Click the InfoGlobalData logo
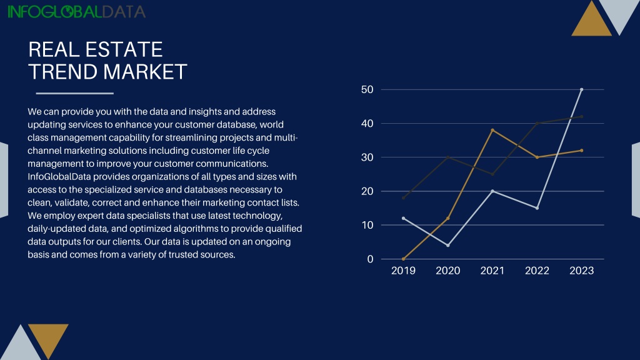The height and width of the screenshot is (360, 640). click(x=76, y=12)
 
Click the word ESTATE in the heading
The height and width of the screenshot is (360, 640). click(x=124, y=50)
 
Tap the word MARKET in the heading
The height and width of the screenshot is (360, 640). click(x=145, y=72)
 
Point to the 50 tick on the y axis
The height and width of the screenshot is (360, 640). click(x=367, y=89)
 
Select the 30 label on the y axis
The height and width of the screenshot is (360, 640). click(x=367, y=157)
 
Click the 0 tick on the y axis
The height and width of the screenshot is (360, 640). click(x=370, y=259)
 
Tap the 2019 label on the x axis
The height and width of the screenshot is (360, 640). click(x=403, y=271)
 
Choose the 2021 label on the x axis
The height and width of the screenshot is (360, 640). click(x=492, y=271)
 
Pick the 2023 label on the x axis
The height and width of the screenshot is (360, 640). click(x=582, y=271)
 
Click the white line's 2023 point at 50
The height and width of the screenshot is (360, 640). click(x=582, y=89)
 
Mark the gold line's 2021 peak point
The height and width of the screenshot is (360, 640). click(x=492, y=130)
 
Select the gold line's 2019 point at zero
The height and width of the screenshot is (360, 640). click(x=403, y=259)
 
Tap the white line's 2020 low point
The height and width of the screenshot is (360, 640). click(x=447, y=245)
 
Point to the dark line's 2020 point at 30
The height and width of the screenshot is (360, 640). click(x=447, y=157)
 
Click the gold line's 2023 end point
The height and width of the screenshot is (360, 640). click(x=582, y=151)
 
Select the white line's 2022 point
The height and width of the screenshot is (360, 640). click(x=537, y=208)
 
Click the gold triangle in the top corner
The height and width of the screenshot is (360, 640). click(x=591, y=22)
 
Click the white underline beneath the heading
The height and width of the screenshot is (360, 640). click(x=75, y=94)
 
